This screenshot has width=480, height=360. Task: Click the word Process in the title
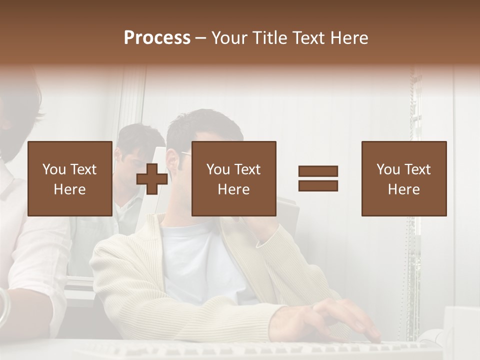(x=157, y=38)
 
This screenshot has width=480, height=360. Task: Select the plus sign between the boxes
(x=152, y=178)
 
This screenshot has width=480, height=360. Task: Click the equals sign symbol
(x=318, y=178)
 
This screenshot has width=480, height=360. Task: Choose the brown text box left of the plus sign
(x=69, y=178)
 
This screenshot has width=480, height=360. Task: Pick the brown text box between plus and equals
(x=233, y=178)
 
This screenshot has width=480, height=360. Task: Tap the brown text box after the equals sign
(x=404, y=178)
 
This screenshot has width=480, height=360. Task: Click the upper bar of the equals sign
(x=318, y=171)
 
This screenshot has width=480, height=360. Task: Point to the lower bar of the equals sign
(x=318, y=185)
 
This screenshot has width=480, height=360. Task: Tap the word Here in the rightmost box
(x=404, y=189)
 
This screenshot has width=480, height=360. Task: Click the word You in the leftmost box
(x=53, y=169)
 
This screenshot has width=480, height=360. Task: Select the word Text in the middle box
(x=247, y=169)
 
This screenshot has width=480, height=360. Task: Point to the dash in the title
(x=200, y=38)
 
